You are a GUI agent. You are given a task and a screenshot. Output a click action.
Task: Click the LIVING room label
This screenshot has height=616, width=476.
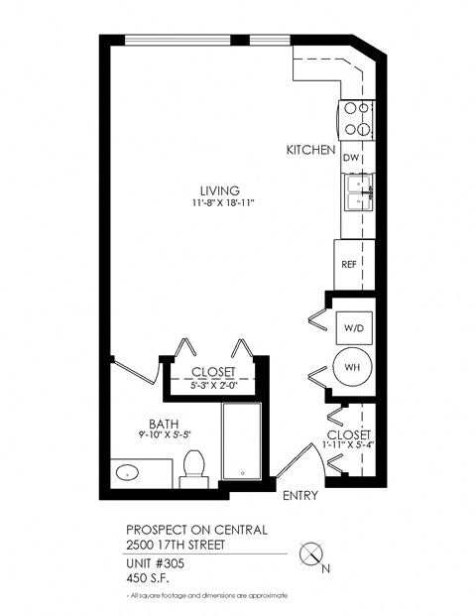point(219,190)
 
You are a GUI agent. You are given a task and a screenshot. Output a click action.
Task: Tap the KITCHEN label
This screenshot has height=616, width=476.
point(307,150)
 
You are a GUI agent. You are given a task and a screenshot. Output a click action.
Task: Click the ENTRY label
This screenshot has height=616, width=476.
point(299,496)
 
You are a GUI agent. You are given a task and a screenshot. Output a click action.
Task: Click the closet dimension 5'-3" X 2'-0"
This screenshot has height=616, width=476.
point(213,385)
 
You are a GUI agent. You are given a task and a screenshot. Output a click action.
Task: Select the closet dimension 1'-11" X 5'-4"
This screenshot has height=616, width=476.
point(348,447)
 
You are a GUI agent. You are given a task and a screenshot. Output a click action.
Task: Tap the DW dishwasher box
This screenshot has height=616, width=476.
point(350,158)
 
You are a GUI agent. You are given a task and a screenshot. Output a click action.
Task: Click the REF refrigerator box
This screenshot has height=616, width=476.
point(349,265)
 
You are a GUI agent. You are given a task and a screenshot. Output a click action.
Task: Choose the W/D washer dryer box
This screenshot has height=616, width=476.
point(351,326)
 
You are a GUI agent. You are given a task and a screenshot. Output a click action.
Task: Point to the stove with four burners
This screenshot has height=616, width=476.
point(356,120)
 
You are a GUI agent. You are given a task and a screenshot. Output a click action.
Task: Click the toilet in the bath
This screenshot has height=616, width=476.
point(193,466)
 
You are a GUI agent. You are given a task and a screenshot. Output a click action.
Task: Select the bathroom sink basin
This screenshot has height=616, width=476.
point(126,473)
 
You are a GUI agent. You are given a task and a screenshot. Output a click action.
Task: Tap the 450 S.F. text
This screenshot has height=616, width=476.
point(147,576)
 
